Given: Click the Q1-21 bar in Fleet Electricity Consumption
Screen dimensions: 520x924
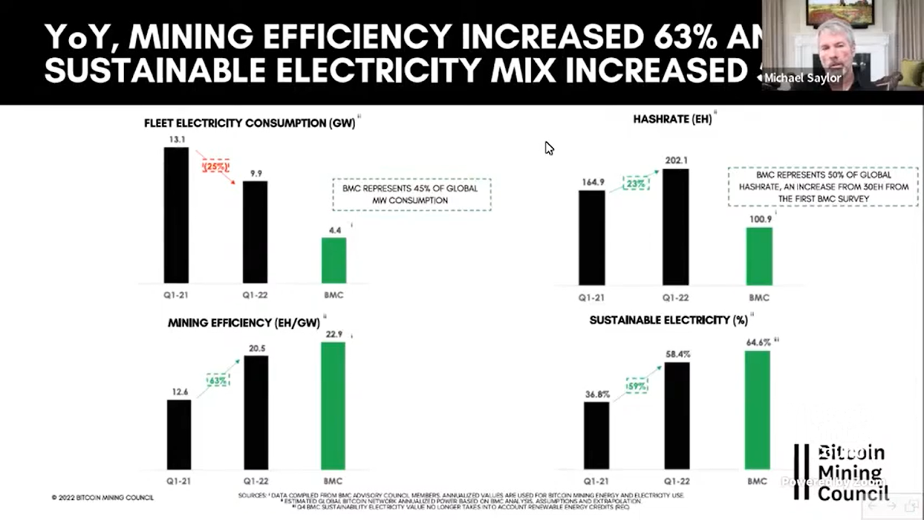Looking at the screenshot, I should [176, 215].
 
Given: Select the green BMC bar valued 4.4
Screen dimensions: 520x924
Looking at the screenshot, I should [334, 260].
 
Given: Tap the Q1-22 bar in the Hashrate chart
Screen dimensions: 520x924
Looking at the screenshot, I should [676, 226].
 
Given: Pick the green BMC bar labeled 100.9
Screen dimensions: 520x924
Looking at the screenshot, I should [759, 256].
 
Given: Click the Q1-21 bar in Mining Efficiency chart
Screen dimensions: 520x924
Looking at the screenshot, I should [179, 434].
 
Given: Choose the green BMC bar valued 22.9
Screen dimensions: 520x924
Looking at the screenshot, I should [333, 406].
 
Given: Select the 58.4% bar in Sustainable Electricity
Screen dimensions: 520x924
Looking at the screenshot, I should [677, 415].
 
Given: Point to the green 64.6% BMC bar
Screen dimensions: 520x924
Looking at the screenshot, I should [757, 410].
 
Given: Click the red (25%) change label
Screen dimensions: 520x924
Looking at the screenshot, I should [216, 166].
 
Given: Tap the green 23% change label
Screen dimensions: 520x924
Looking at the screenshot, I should [636, 184].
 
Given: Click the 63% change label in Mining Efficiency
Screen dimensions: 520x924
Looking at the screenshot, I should [218, 381].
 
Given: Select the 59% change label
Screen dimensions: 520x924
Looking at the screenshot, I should [636, 386].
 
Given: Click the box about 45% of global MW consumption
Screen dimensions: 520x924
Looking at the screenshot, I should [411, 194].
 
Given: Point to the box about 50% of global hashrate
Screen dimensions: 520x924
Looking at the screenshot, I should [823, 187].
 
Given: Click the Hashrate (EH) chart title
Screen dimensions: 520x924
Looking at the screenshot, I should [672, 119].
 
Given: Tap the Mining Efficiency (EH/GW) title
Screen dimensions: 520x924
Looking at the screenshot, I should [244, 323].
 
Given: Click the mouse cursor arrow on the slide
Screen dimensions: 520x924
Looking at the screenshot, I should [549, 148].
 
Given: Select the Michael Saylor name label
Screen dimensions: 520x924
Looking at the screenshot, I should [803, 78].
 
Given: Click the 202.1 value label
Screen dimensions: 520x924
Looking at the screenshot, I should [676, 160].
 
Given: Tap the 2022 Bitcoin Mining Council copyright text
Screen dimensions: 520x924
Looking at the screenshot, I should [103, 497].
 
